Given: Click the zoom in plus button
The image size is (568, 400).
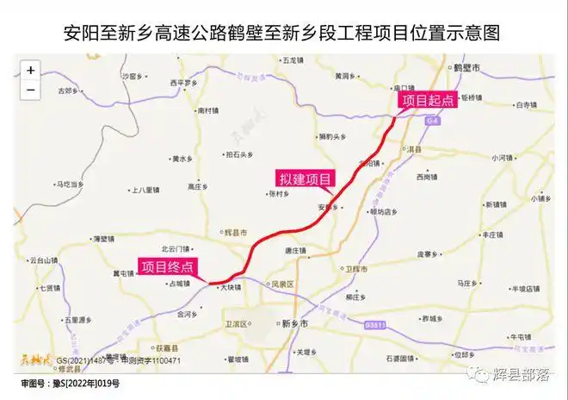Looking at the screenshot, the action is [x=31, y=70].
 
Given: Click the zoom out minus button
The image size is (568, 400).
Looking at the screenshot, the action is [x=31, y=89].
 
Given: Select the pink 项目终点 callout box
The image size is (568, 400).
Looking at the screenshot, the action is [x=169, y=267].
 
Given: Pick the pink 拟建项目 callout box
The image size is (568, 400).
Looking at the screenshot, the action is [x=305, y=178].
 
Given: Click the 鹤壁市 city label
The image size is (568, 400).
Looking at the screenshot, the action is [x=468, y=67].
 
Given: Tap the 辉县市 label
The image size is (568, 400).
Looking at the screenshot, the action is [x=235, y=233].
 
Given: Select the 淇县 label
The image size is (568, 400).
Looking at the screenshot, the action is [x=415, y=149].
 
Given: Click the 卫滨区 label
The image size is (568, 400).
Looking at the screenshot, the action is [x=236, y=323].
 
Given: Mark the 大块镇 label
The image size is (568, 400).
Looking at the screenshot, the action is [x=230, y=287].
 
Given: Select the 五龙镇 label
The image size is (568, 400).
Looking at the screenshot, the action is [x=293, y=60].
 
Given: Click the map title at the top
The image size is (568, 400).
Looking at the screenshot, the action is [x=283, y=31].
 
